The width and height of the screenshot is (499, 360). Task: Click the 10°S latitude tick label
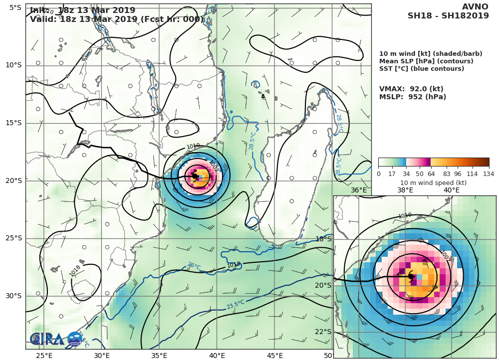point(13,65)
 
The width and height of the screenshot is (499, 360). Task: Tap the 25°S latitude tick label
point(13,238)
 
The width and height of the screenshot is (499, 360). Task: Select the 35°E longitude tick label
point(159,355)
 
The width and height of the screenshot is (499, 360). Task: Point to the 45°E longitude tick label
point(274,355)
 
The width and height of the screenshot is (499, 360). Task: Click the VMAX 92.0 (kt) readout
point(411,89)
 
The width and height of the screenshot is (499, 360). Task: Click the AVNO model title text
point(475,6)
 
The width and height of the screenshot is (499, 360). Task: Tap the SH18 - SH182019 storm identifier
point(448,16)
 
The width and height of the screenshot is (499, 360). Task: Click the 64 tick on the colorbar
point(431,174)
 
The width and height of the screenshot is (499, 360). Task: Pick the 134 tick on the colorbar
point(488,174)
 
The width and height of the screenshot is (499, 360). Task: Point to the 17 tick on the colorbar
point(392,174)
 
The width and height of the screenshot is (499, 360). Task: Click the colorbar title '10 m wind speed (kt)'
point(433,182)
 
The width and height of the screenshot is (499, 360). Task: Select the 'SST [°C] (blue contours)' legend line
point(422,69)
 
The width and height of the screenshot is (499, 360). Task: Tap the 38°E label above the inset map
point(405,190)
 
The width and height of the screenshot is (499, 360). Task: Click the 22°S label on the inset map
point(323,332)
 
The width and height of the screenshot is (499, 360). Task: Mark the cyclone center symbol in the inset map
point(411,276)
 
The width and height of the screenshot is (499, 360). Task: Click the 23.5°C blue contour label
point(235,304)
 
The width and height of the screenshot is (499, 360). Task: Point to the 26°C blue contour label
point(194,267)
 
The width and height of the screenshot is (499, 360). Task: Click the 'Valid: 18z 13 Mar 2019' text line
point(117,19)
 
